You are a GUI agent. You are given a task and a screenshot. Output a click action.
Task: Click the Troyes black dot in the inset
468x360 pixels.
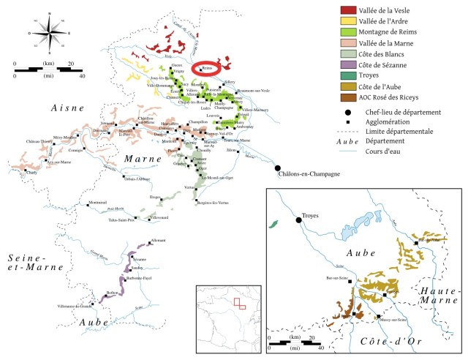(298, 219)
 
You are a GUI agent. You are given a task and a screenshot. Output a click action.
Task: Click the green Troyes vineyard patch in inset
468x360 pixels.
(274, 224)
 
